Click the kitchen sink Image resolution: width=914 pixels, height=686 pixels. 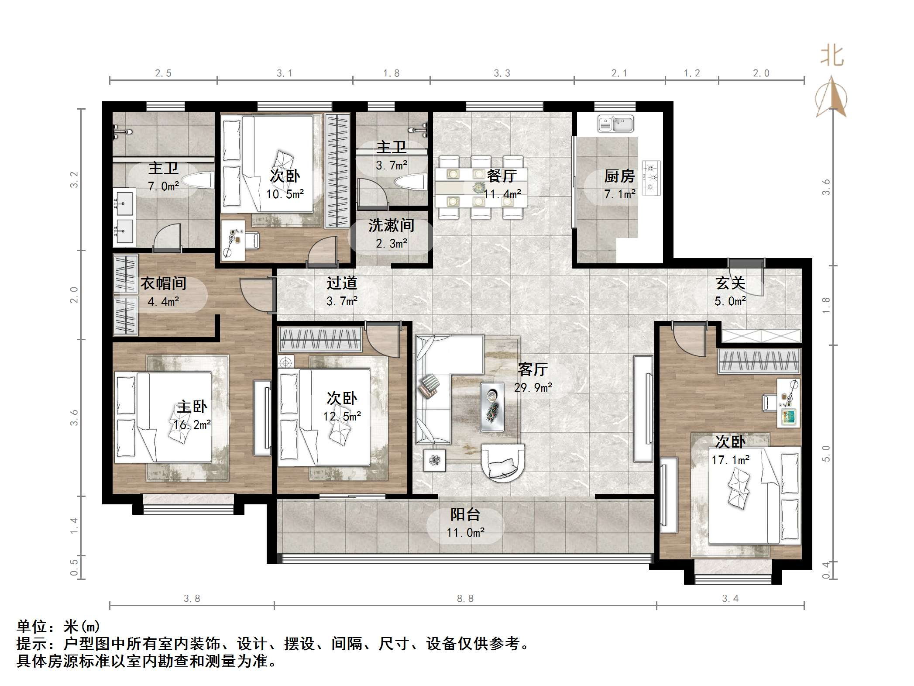(615, 124)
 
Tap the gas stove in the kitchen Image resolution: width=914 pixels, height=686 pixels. (651, 178)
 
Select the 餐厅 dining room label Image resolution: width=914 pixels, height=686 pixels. (502, 176)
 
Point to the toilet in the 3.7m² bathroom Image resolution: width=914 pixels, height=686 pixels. (410, 181)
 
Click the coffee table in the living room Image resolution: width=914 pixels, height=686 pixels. (492, 407)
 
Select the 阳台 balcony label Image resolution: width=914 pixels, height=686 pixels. (465, 515)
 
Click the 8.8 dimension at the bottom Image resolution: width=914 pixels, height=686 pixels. (465, 599)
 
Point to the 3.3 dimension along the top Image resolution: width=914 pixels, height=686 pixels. (502, 73)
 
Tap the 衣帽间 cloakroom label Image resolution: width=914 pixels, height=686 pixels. (163, 283)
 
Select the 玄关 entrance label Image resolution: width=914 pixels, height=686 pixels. (730, 283)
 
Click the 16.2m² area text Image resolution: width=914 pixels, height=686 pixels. (192, 425)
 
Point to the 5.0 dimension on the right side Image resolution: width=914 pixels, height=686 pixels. (826, 454)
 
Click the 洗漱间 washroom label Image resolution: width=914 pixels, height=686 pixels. (391, 225)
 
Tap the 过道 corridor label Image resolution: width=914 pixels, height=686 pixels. (342, 283)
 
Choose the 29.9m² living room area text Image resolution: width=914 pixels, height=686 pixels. (533, 388)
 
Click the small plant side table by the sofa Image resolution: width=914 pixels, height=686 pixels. (435, 460)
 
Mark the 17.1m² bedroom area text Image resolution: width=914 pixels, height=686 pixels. (731, 460)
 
